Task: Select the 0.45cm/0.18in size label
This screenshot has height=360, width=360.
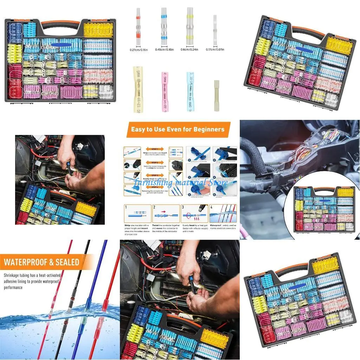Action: pyautogui.click(x=164, y=50)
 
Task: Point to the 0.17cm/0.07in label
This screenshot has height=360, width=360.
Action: pyautogui.click(x=215, y=50)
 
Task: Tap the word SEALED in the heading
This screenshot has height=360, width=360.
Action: pyautogui.click(x=66, y=262)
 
